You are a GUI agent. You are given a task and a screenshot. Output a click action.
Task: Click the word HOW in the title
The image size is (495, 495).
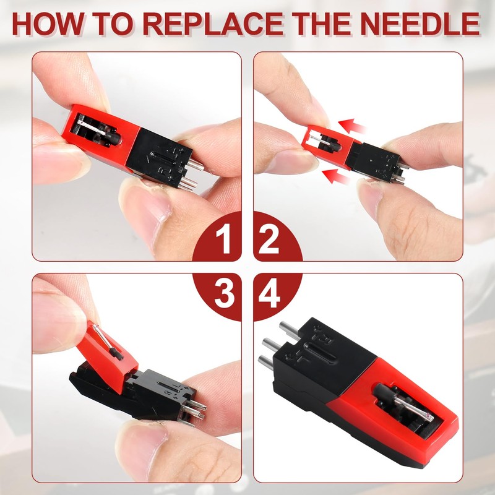click(x=48, y=24)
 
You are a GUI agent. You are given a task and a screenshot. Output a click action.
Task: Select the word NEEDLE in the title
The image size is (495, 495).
click(x=420, y=24)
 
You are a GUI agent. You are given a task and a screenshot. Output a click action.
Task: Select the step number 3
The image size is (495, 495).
click(x=225, y=294)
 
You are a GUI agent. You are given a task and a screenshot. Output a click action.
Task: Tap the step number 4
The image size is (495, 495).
click(x=269, y=294)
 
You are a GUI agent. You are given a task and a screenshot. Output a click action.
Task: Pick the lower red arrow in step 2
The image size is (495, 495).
click(x=336, y=176)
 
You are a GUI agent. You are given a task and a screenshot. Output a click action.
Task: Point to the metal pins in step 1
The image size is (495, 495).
click(x=192, y=175)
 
